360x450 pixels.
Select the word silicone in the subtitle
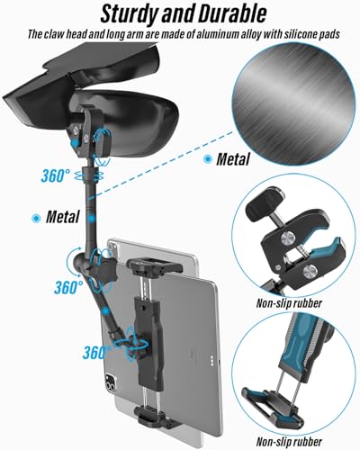(x=301, y=34)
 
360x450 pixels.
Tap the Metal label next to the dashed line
(x=233, y=159)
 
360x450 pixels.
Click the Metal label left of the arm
(x=62, y=217)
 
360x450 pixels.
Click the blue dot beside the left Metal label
(x=36, y=218)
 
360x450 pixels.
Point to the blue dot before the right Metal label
(x=207, y=159)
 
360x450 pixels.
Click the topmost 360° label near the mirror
(x=55, y=175)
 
